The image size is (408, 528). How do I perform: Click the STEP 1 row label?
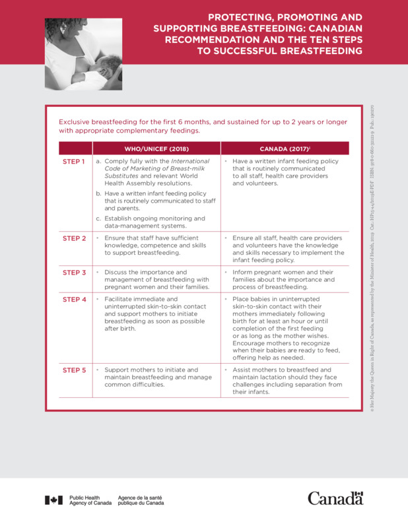pos(74,162)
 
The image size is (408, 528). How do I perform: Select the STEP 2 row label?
pos(74,238)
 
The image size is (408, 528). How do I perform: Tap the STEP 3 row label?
pos(74,272)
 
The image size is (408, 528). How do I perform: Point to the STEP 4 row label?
pos(74,300)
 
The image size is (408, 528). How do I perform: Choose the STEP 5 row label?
pos(74,370)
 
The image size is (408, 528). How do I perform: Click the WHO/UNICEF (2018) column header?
pos(156,148)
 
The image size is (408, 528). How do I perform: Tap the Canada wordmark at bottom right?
pos(335,498)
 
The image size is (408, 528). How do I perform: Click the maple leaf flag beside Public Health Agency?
pos(54,500)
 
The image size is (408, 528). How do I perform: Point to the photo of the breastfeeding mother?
pos(83,54)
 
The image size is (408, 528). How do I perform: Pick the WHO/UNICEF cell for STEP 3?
pos(156,279)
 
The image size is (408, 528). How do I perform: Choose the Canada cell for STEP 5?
pos(284,381)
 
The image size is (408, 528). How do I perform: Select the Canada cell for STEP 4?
pos(284,327)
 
